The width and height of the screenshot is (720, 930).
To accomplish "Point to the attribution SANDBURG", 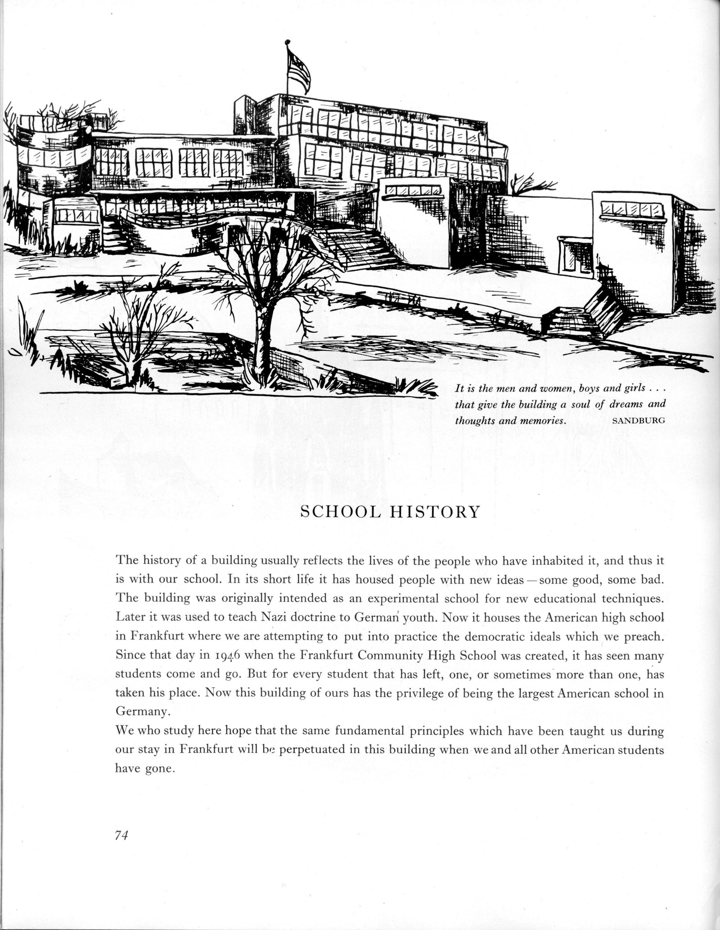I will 639,422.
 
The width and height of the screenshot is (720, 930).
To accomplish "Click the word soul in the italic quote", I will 579,404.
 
